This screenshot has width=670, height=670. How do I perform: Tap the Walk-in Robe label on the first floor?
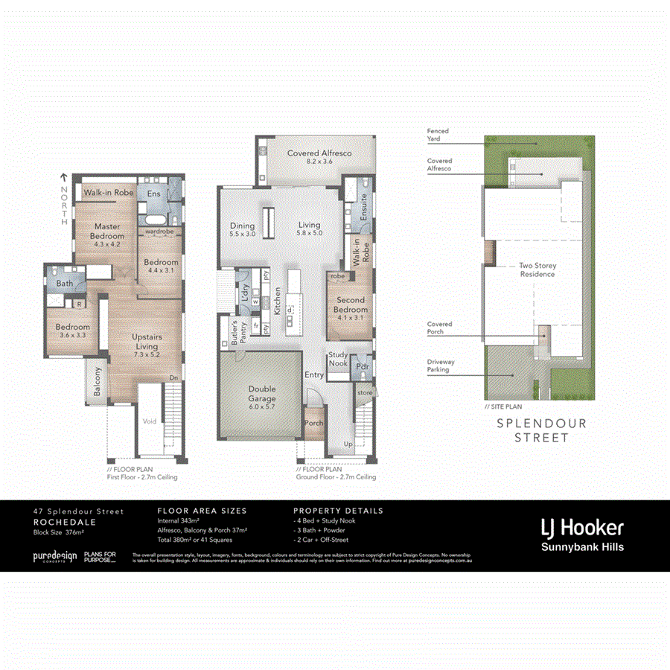pyautogui.click(x=108, y=193)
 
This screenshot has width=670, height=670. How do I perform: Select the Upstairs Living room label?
pyautogui.click(x=147, y=341)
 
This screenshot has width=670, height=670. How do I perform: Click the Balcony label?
pyautogui.click(x=98, y=381)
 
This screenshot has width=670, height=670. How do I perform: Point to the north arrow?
pyautogui.click(x=64, y=179)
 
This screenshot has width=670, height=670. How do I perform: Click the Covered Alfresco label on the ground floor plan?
pyautogui.click(x=319, y=153)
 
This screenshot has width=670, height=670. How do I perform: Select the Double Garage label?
pyautogui.click(x=261, y=393)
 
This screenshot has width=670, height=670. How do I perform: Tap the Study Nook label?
pyautogui.click(x=337, y=360)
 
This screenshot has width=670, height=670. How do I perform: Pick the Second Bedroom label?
pyautogui.click(x=350, y=305)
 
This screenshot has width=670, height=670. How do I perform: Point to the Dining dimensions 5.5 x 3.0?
pyautogui.click(x=242, y=234)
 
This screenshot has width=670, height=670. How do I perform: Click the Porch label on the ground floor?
pyautogui.click(x=314, y=424)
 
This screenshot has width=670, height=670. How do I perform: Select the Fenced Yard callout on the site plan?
pyautogui.click(x=438, y=135)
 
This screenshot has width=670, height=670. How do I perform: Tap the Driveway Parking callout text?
pyautogui.click(x=441, y=366)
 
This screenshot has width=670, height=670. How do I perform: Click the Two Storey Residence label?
pyautogui.click(x=537, y=269)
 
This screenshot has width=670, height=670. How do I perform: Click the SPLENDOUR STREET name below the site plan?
pyautogui.click(x=541, y=430)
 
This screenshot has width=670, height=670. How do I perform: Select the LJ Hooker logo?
pyautogui.click(x=581, y=528)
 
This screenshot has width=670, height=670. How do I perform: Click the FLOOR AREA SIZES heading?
pyautogui.click(x=202, y=511)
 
